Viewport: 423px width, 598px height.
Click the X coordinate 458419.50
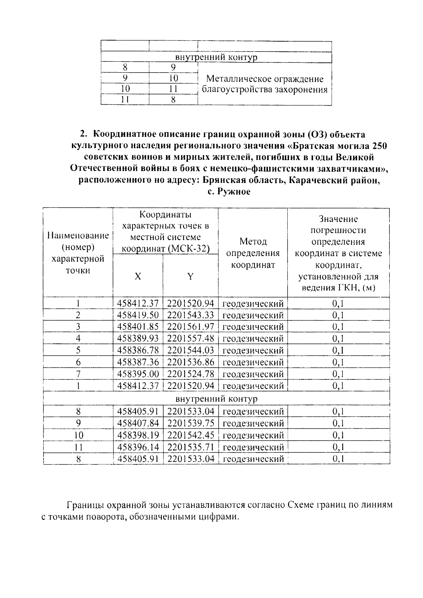138,315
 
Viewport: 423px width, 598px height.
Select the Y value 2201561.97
191,327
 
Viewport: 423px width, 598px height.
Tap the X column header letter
138,276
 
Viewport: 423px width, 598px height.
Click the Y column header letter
190,276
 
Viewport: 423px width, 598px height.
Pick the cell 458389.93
138,338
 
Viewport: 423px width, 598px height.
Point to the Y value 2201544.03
191,350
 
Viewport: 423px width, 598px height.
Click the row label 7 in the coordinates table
78,374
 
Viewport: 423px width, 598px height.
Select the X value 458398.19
138,435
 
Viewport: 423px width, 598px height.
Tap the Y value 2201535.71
191,447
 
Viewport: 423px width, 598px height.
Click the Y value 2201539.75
191,423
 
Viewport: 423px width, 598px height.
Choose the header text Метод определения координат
253,253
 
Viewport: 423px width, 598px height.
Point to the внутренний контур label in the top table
216,57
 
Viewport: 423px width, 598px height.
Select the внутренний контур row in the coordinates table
216,399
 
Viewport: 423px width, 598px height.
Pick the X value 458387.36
138,362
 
